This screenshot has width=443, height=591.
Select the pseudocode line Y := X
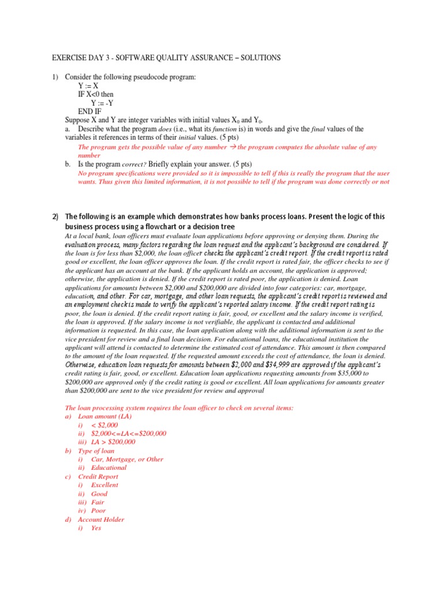[88, 85]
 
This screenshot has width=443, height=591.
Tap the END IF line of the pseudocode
[92, 111]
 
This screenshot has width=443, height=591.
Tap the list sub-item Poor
[99, 511]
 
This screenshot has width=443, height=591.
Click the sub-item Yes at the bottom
[96, 528]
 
